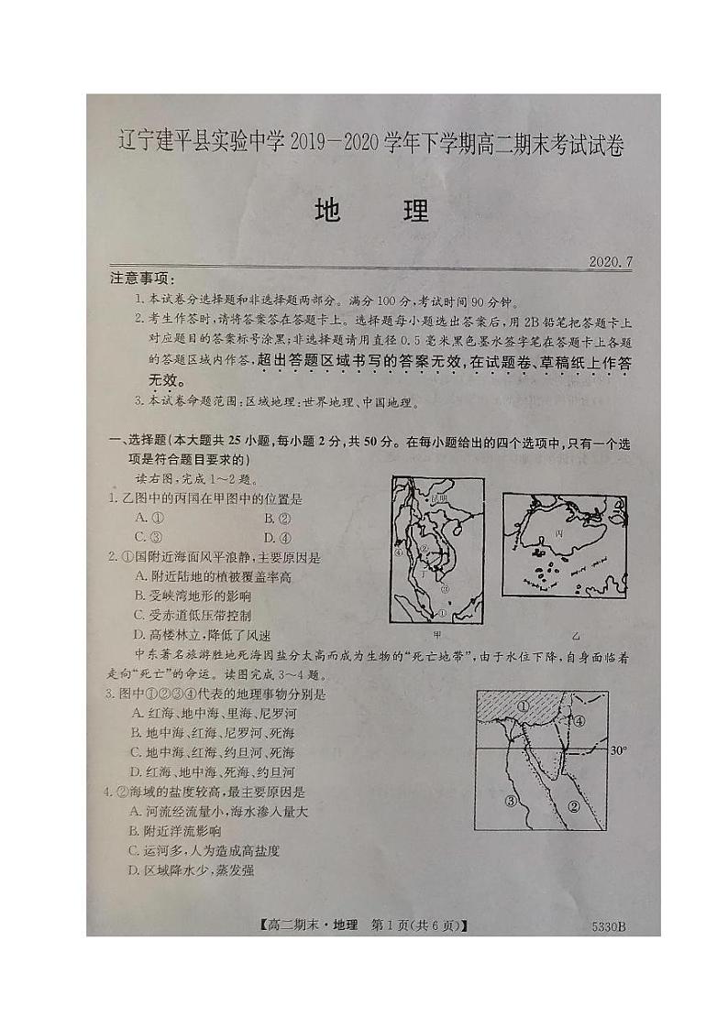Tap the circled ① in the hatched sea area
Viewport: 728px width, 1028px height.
pos(523,706)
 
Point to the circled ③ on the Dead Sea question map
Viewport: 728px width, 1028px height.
pos(512,800)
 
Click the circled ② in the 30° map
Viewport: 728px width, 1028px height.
pos(574,806)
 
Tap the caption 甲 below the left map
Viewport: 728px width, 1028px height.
pos(436,633)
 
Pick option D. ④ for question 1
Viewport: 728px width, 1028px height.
pos(277,538)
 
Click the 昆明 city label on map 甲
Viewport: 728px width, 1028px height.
pos(441,497)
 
